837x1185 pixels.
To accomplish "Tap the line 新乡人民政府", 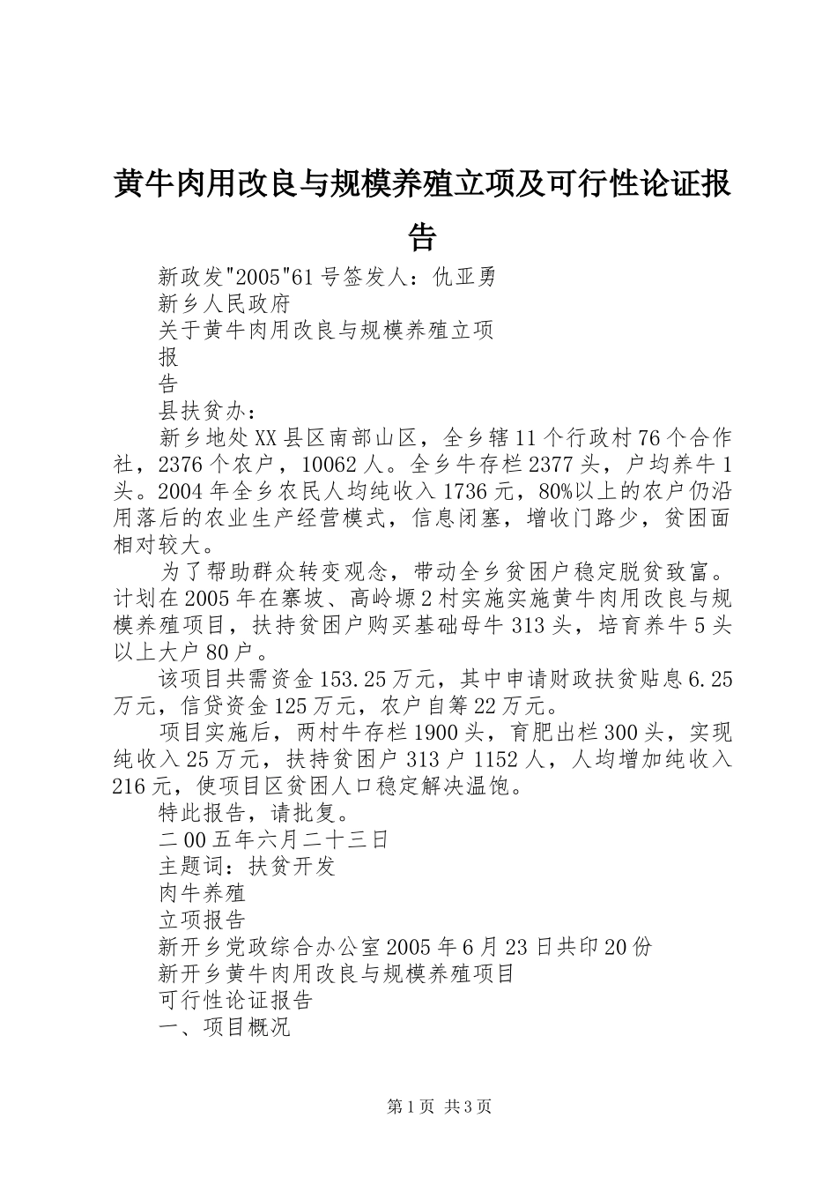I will pos(225,304).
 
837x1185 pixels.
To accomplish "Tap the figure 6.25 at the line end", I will pos(708,679).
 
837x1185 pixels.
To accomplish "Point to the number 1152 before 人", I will pos(505,758).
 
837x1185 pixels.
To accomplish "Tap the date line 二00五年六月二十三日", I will pos(273,838).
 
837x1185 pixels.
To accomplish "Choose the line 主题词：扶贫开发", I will pos(248,866).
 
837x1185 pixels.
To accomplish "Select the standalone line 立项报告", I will pos(202,920).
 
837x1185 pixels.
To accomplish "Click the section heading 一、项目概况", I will pos(225,1027).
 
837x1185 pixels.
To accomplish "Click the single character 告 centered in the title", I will pos(422,236).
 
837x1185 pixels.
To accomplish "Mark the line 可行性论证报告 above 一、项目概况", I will pos(236,1001).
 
